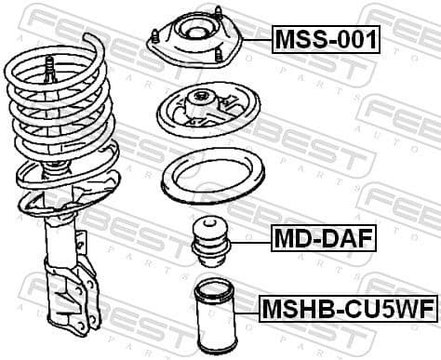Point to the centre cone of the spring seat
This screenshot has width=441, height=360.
pyautogui.click(x=199, y=103)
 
